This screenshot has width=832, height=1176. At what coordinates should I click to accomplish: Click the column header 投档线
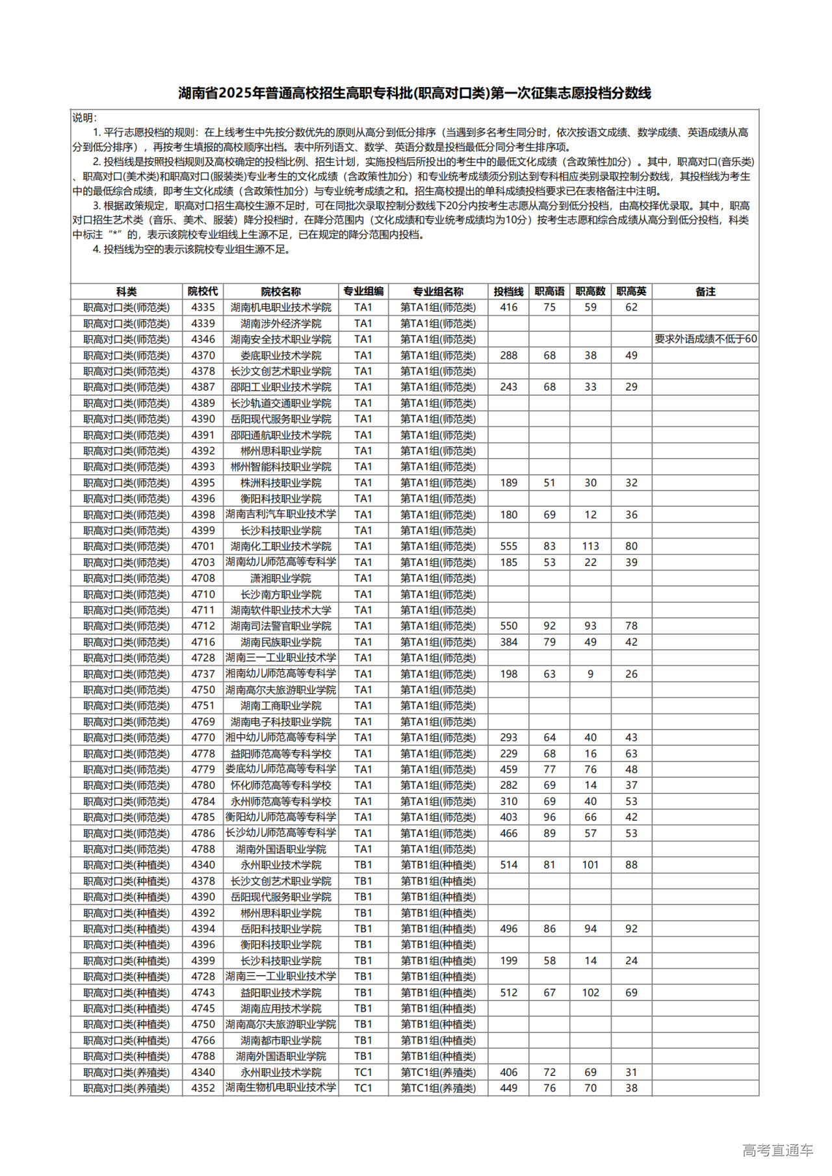pos(508,292)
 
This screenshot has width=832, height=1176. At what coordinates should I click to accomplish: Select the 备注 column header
pos(705,292)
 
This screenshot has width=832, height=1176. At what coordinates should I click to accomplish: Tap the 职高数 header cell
pos(590,292)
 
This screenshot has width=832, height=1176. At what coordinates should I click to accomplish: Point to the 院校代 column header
pos(203,292)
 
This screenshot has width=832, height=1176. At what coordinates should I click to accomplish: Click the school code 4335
pos(203,307)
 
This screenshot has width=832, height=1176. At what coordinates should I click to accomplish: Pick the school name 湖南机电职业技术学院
pos(281,307)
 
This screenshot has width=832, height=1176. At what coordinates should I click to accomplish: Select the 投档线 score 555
pos(508,546)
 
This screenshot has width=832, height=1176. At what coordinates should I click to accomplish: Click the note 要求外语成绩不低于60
pos(705,339)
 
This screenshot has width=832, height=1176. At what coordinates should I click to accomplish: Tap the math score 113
pos(590,546)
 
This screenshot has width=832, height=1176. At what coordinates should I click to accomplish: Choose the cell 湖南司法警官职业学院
pos(281,626)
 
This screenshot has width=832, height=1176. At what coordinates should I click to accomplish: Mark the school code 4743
pos(203,993)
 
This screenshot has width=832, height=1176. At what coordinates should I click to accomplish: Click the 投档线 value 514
pos(508,865)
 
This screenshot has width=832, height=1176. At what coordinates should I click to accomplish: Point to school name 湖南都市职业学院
pos(281,1040)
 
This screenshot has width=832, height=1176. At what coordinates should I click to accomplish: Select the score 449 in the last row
pos(508,1088)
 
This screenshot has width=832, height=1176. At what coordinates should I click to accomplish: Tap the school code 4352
pos(203,1088)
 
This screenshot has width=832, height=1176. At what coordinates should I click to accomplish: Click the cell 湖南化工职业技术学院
pos(281,546)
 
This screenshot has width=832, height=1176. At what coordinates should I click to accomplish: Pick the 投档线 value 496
pos(508,929)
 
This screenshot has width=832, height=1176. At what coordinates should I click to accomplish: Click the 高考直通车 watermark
pos(777,1151)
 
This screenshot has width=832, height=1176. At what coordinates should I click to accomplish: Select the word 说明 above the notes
pos(84,118)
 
